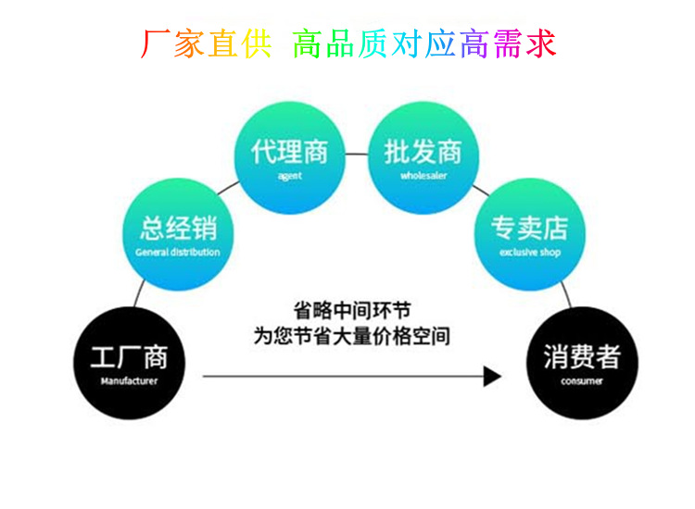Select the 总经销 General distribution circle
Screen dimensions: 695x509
[x=178, y=233]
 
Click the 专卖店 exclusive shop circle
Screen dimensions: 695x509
[x=529, y=233]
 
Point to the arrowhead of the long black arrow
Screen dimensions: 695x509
[x=492, y=377]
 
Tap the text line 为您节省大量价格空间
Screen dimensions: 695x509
[x=352, y=335]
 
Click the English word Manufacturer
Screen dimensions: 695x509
[x=129, y=380]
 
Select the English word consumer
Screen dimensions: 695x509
[x=582, y=380]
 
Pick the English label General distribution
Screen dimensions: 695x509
[x=178, y=252]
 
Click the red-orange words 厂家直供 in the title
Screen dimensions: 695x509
[x=206, y=43]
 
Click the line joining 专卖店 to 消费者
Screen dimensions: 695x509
[x=565, y=294]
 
